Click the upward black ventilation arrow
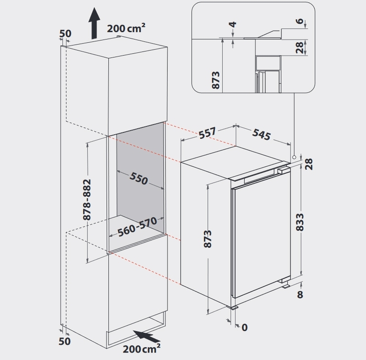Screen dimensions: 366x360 (94, 23)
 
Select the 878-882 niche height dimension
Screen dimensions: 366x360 (87, 200)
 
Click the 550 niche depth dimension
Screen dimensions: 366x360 (139, 179)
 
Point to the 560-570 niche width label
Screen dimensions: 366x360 (137, 227)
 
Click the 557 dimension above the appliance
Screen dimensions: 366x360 (208, 133)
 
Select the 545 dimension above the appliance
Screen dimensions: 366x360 (261, 134)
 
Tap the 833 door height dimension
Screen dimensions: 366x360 (300, 222)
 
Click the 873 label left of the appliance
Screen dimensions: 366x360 (207, 239)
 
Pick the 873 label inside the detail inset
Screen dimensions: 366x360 (215, 80)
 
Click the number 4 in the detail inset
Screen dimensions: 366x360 (233, 24)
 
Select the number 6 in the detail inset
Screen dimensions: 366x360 (300, 21)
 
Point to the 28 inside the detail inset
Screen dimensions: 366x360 (300, 48)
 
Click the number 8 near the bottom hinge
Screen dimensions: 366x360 (300, 295)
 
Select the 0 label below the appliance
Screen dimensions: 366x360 (244, 327)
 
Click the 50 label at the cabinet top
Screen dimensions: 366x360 (65, 33)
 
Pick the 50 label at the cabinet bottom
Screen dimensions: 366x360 (65, 341)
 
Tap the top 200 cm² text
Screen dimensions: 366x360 (126, 28)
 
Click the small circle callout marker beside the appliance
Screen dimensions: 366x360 (294, 157)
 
